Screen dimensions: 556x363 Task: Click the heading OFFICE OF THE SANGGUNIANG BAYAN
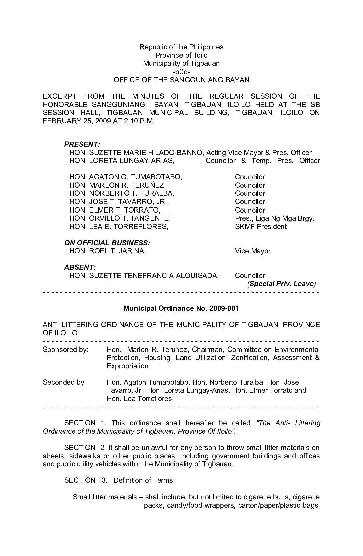click(181, 80)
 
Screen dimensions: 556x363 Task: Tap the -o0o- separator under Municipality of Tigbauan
click(181, 72)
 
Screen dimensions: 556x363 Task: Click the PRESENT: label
click(82, 144)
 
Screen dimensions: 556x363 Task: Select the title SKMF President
click(261, 227)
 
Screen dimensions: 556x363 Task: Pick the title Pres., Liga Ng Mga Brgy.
click(274, 218)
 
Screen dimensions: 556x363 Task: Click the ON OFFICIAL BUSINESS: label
click(107, 243)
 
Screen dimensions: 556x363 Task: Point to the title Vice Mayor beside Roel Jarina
click(253, 251)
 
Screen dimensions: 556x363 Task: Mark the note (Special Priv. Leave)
click(281, 284)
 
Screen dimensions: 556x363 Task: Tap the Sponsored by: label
click(66, 350)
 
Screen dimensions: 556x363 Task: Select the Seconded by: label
click(64, 382)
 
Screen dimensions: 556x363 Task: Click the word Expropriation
click(127, 366)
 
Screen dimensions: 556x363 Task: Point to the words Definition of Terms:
click(144, 480)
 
